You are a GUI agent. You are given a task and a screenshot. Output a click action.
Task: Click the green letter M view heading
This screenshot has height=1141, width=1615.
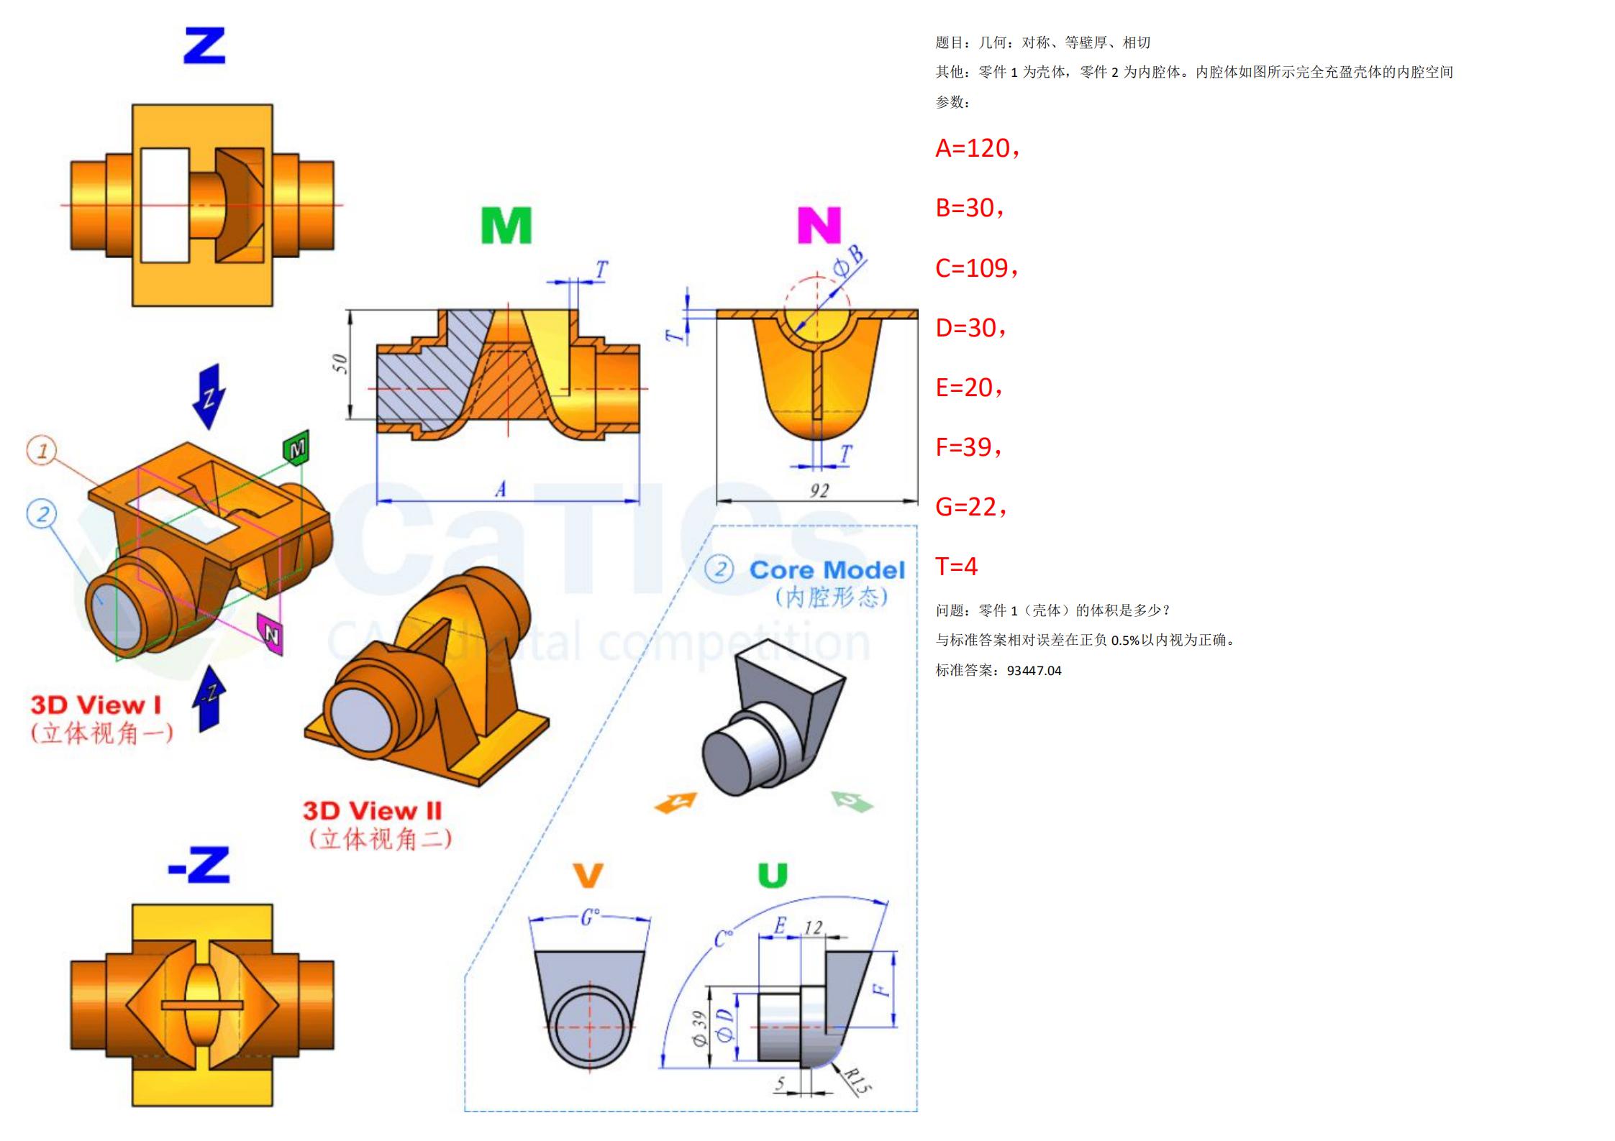tap(506, 225)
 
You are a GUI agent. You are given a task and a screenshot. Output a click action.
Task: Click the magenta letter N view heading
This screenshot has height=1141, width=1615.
tap(819, 225)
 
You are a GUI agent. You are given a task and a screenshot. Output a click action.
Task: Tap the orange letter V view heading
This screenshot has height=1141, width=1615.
tap(588, 875)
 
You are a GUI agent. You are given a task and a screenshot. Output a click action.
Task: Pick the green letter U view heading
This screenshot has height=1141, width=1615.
tap(773, 875)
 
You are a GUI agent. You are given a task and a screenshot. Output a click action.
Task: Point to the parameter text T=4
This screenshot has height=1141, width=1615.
tap(956, 567)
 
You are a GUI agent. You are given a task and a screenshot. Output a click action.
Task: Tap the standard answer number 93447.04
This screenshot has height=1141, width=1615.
tap(1034, 671)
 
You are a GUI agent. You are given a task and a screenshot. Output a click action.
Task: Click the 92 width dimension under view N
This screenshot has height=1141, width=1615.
tap(819, 490)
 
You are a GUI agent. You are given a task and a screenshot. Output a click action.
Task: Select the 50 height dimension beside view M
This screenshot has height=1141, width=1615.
tap(340, 364)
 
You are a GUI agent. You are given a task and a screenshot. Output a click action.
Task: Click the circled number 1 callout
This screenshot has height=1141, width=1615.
tap(42, 451)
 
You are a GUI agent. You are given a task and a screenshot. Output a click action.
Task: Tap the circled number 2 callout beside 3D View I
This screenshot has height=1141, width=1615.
tap(42, 513)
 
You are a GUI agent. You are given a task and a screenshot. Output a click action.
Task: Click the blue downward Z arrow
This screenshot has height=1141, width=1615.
tap(209, 396)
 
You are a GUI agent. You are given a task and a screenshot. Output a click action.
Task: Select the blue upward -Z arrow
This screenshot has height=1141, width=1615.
tap(209, 697)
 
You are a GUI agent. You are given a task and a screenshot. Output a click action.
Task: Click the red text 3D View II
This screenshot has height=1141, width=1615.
tap(372, 811)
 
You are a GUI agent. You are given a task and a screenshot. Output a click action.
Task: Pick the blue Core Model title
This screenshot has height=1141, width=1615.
tap(827, 570)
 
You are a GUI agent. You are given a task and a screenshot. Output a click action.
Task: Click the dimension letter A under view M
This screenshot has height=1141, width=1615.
tap(501, 490)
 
